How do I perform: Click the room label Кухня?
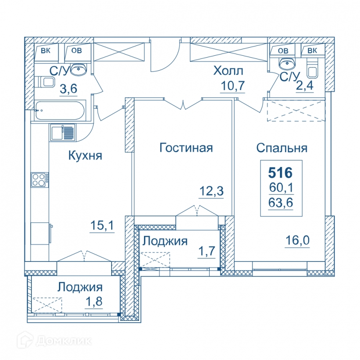click(x=85, y=155)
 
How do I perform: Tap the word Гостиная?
click(x=186, y=148)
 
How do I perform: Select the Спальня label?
click(x=282, y=148)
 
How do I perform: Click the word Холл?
click(x=228, y=71)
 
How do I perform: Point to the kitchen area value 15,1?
click(x=102, y=225)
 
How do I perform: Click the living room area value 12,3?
click(x=211, y=191)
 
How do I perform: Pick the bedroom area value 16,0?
click(x=297, y=240)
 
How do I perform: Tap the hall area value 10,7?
click(x=233, y=85)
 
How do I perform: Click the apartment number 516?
click(x=280, y=173)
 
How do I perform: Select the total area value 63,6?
click(x=281, y=203)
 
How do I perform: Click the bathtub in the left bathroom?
click(x=60, y=110)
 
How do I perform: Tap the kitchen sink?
click(x=63, y=132)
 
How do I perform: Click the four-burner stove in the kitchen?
click(x=40, y=180)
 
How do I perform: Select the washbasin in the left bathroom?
click(x=78, y=69)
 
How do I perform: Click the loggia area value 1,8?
click(x=94, y=301)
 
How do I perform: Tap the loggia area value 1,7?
click(x=207, y=251)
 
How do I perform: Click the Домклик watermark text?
click(x=64, y=341)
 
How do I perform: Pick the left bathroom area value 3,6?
click(x=68, y=89)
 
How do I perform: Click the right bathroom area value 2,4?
click(x=305, y=85)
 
